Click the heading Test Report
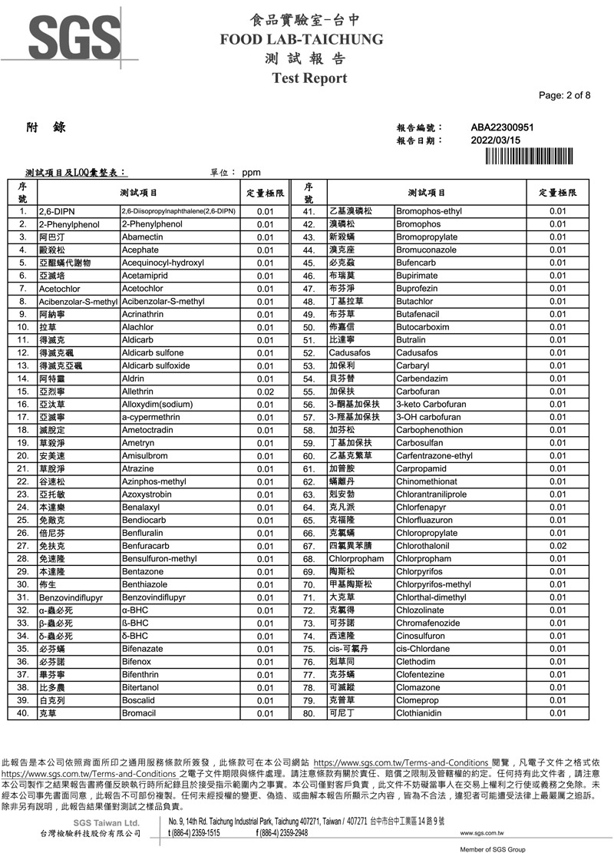pyautogui.click(x=309, y=78)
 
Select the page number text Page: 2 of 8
pyautogui.click(x=565, y=95)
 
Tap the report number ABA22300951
pyautogui.click(x=502, y=127)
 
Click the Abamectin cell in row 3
pyautogui.click(x=143, y=237)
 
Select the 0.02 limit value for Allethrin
pyautogui.click(x=266, y=392)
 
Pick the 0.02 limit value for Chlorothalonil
pyautogui.click(x=552, y=546)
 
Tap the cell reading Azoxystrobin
pyautogui.click(x=147, y=494)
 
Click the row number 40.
pyautogui.click(x=23, y=713)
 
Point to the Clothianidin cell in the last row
pyautogui.click(x=424, y=713)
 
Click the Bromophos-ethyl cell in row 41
pyautogui.click(x=429, y=211)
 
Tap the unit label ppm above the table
pyautogui.click(x=252, y=174)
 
